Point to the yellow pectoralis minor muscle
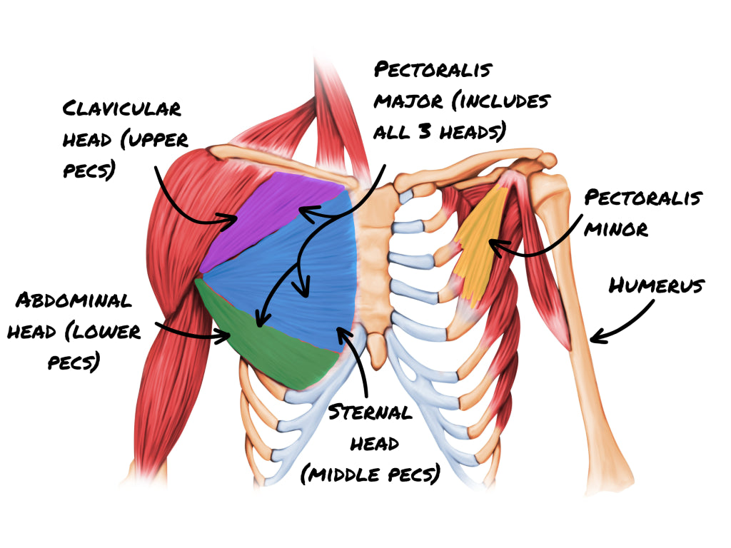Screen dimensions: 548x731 [478, 243]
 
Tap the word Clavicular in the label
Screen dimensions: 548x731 [122, 109]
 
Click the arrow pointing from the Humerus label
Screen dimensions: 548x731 [621, 321]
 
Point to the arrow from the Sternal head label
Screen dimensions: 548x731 [357, 357]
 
